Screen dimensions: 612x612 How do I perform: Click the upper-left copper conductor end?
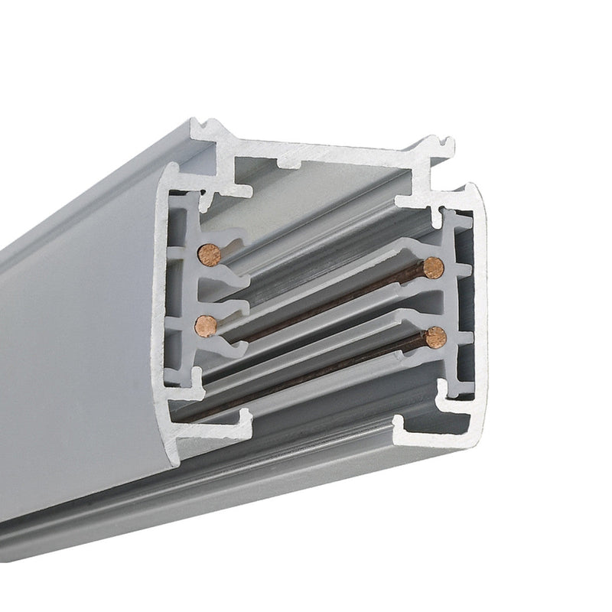coord(208,255)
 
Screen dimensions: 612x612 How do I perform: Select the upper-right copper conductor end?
coord(433,267)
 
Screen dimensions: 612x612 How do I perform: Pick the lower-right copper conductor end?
coord(436,336)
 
